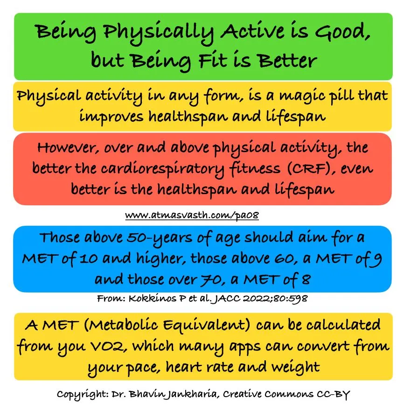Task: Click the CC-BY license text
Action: click(331, 394)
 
